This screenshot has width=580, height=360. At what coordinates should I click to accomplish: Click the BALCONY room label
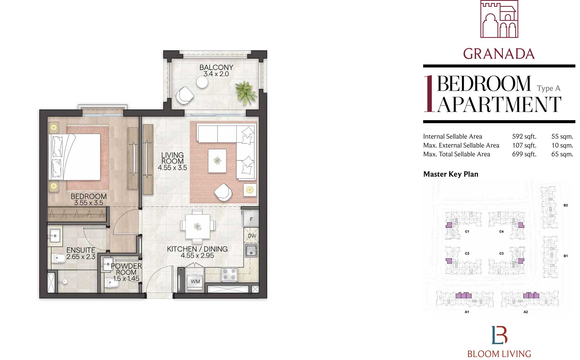pyautogui.click(x=216, y=67)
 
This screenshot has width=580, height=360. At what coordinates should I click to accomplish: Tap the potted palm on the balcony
pyautogui.click(x=245, y=92)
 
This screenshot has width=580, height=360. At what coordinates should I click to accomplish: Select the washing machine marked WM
pyautogui.click(x=195, y=281)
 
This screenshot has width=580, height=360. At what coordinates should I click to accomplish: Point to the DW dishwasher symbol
pyautogui.click(x=251, y=236)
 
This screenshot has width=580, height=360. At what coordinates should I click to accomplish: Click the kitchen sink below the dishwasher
pyautogui.click(x=251, y=250)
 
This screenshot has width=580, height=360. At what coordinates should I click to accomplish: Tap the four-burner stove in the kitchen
pyautogui.click(x=229, y=274)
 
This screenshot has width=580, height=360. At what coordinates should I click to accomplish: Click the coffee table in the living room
pyautogui.click(x=217, y=161)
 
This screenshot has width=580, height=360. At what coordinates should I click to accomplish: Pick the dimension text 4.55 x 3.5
pyautogui.click(x=172, y=168)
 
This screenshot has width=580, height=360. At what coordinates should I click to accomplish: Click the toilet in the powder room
pyautogui.click(x=112, y=283)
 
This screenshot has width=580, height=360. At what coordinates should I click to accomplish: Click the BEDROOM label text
pyautogui.click(x=88, y=196)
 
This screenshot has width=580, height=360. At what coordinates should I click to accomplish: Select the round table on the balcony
pyautogui.click(x=202, y=82)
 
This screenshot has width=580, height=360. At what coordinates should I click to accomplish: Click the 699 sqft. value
pyautogui.click(x=524, y=154)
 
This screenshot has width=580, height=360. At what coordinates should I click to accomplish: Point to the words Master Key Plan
pyautogui.click(x=450, y=174)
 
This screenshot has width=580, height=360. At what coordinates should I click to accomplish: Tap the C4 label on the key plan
pyautogui.click(x=501, y=231)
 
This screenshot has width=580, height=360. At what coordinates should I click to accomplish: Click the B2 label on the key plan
pyautogui.click(x=565, y=205)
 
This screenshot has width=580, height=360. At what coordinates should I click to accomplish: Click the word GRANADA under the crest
pyautogui.click(x=499, y=54)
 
